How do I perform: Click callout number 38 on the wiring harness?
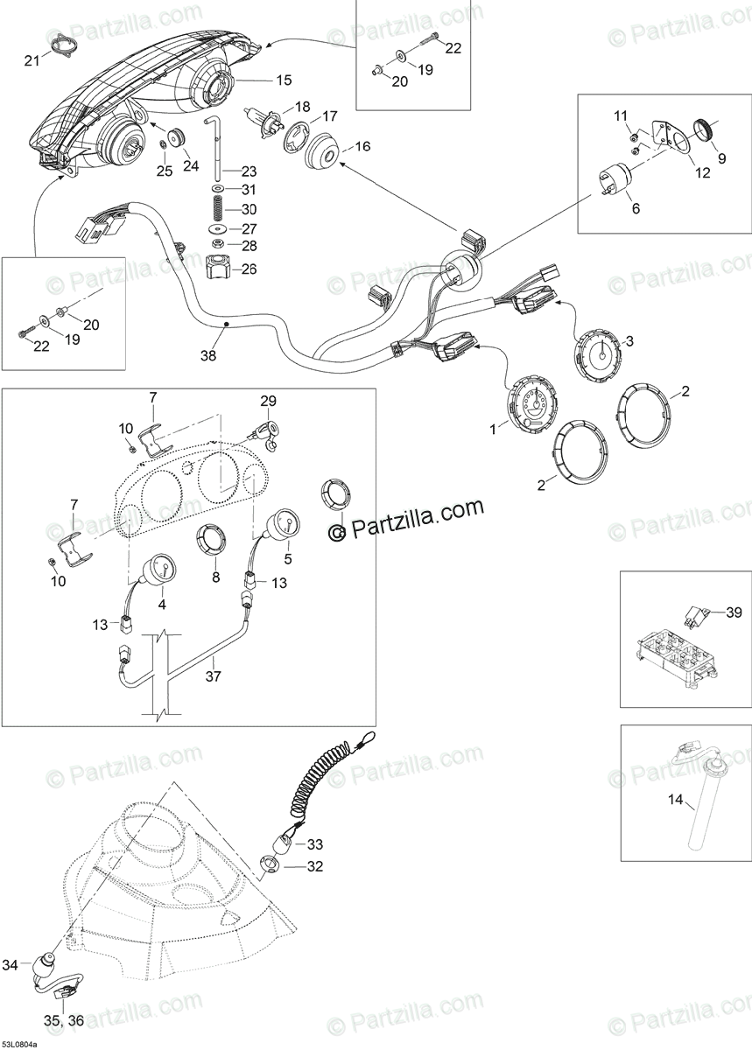(207, 356)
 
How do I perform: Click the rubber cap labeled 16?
(320, 154)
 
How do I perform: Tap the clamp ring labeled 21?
(60, 44)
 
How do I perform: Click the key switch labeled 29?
(266, 429)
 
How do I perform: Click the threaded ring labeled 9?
(704, 133)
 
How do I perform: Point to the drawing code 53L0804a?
(25, 1044)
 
